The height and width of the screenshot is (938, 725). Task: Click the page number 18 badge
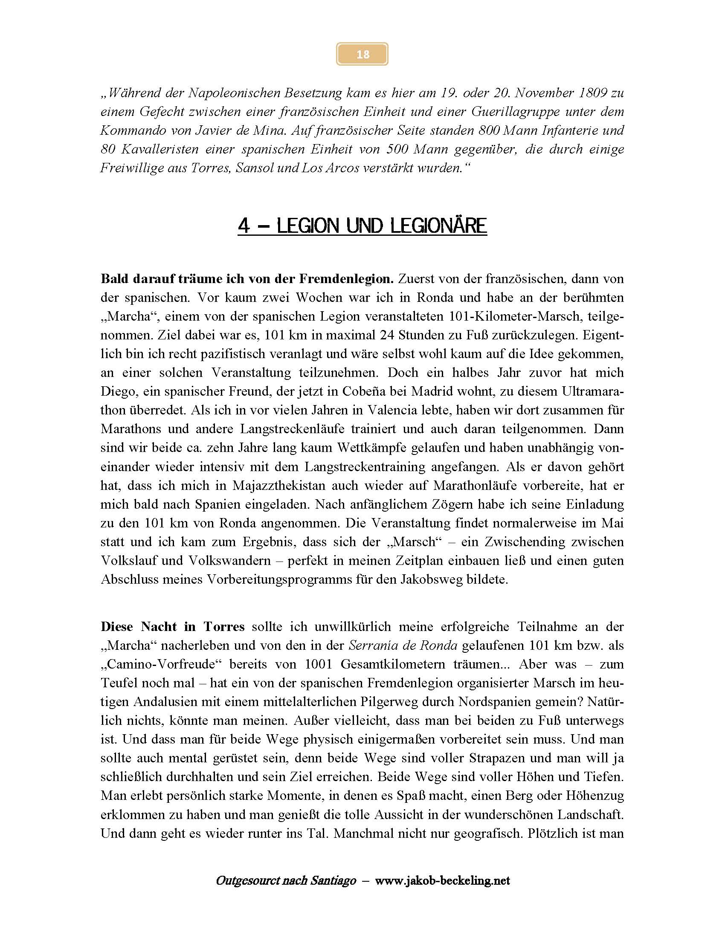(x=362, y=54)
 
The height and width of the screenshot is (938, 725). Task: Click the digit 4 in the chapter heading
(x=244, y=226)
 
